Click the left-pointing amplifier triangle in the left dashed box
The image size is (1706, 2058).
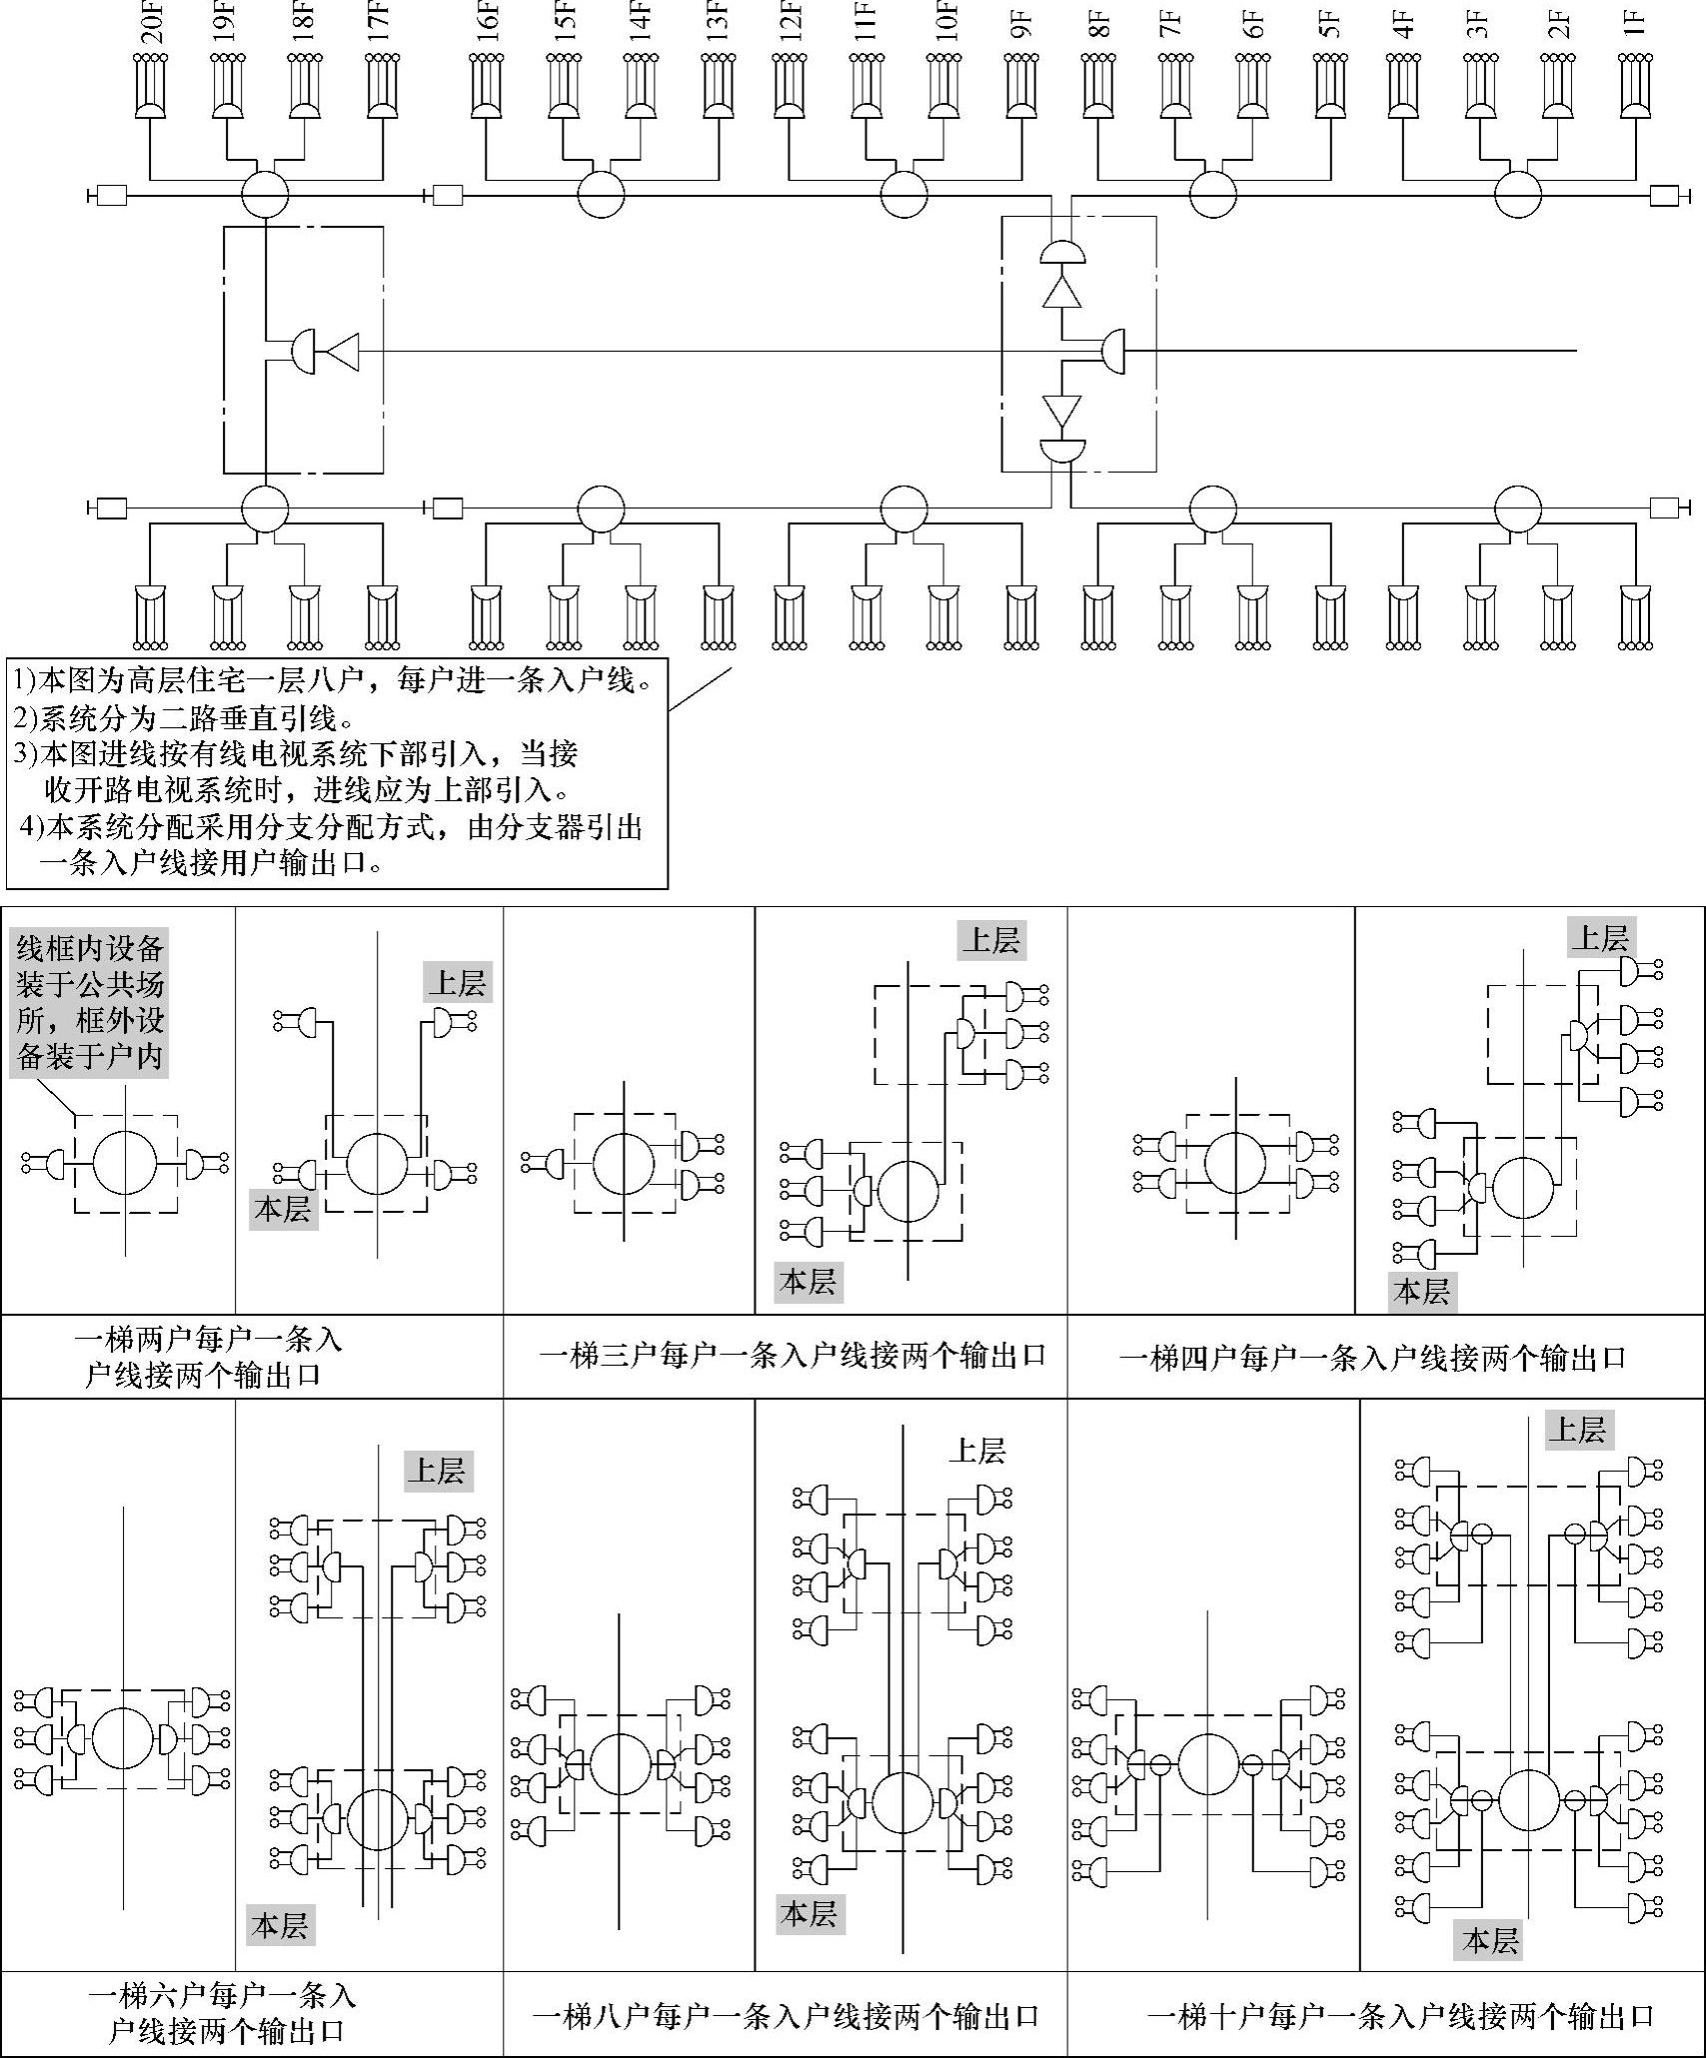[x=342, y=352]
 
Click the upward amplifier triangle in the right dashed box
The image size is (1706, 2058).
[x=1061, y=293]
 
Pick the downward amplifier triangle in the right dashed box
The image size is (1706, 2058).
[x=1061, y=410]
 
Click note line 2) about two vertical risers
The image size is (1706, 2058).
[x=184, y=718]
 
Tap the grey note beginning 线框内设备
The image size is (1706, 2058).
[x=89, y=1002]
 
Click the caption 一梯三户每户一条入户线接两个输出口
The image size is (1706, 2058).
[x=792, y=1356]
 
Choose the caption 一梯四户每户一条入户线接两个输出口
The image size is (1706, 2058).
[x=1372, y=1358]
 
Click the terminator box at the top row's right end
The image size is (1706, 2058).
[x=1663, y=196]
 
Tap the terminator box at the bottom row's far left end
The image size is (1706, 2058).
[x=110, y=509]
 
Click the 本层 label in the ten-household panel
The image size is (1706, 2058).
[x=1489, y=1941]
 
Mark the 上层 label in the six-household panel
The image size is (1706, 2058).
[x=438, y=1471]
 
